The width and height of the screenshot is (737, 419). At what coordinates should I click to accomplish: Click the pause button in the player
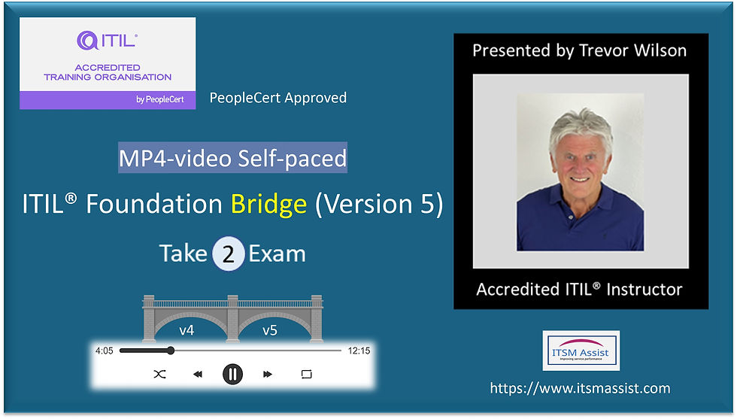click(232, 374)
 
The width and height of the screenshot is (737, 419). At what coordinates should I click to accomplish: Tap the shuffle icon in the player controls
click(159, 374)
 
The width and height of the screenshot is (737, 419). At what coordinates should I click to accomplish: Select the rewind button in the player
click(197, 374)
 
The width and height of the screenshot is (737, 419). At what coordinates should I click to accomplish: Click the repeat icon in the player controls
click(306, 374)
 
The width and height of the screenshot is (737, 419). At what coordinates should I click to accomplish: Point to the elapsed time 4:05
click(104, 351)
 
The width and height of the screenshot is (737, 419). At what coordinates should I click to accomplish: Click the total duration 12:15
click(359, 351)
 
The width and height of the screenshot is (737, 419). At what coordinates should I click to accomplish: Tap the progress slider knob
click(171, 351)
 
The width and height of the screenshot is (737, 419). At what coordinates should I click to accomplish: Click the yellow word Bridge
click(268, 205)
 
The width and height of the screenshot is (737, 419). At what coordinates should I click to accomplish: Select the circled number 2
click(229, 254)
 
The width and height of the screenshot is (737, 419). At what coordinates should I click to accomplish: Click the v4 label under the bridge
click(187, 329)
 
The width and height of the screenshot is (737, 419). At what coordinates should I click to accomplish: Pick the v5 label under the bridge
click(270, 329)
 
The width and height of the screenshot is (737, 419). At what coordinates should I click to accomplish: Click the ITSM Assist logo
click(581, 351)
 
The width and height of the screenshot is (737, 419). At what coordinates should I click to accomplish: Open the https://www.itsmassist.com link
click(580, 389)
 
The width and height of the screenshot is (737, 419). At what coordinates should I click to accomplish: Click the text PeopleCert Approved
click(278, 98)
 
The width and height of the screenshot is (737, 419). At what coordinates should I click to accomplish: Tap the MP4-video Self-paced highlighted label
click(233, 159)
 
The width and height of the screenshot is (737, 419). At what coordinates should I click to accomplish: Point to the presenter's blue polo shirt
click(580, 226)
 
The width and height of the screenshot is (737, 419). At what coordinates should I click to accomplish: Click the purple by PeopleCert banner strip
click(108, 99)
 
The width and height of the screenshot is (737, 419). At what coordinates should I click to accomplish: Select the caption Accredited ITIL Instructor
click(580, 290)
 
